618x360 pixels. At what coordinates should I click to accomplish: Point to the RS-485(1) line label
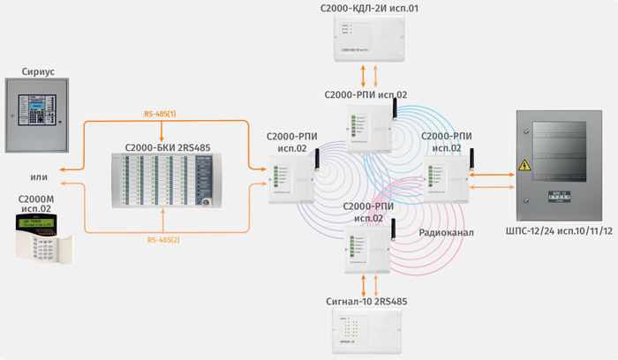coord(161,114)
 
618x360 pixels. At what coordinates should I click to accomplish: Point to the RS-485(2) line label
coord(161,239)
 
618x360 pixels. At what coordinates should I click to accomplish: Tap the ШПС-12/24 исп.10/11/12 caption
coord(557,232)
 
